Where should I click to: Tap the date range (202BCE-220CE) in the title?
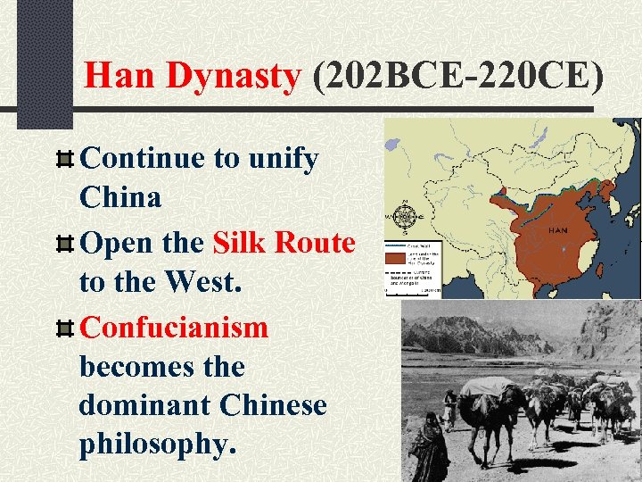pyautogui.click(x=458, y=75)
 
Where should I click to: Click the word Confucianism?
pyautogui.click(x=174, y=328)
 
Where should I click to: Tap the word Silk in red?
pyautogui.click(x=241, y=243)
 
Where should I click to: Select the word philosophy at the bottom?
pyautogui.click(x=158, y=445)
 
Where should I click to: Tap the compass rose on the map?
pyautogui.click(x=407, y=216)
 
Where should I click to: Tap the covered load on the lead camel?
pyautogui.click(x=489, y=386)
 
